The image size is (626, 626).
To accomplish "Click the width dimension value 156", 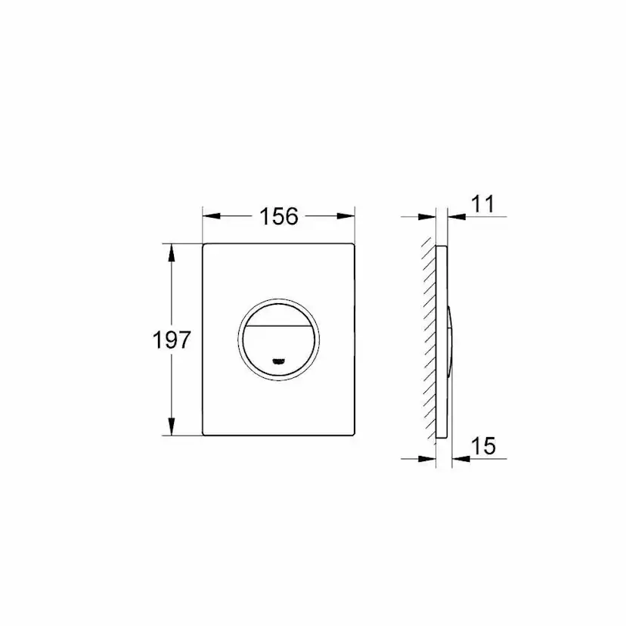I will coord(279,216).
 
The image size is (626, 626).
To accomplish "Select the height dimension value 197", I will coord(173,339).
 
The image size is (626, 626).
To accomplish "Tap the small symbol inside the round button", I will coord(280,361).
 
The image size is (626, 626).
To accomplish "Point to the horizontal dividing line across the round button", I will coord(280,327).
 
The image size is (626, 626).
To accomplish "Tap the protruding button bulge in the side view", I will coord(451,340).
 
